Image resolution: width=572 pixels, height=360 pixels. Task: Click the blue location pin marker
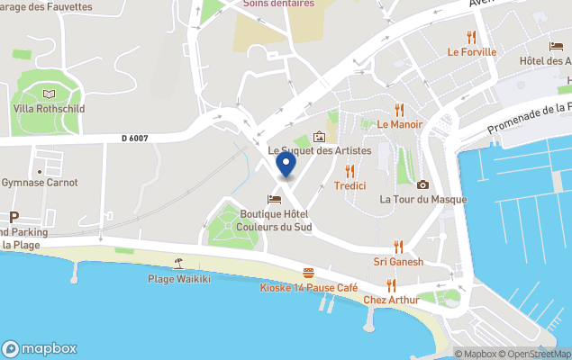tap(286, 164)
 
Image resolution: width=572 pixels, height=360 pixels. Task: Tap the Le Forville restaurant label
tap(471, 51)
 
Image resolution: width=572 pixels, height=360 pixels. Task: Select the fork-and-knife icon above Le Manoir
tap(400, 109)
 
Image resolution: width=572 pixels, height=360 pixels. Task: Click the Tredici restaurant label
tap(350, 185)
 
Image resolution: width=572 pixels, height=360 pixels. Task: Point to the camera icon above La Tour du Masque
tap(422, 184)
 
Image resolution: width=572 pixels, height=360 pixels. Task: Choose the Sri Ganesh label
tap(398, 262)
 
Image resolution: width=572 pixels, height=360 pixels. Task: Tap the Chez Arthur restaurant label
tap(391, 300)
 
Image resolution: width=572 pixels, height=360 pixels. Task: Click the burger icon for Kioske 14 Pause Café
tap(309, 273)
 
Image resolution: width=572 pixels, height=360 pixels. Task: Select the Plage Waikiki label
tap(178, 278)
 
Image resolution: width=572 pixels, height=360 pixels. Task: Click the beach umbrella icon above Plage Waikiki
tap(178, 264)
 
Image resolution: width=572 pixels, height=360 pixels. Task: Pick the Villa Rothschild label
tap(49, 108)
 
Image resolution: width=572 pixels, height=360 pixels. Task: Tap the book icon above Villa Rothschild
tap(49, 94)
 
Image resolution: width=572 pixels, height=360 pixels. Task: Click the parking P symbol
tap(14, 217)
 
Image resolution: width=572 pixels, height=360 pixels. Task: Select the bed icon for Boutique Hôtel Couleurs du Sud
tap(274, 199)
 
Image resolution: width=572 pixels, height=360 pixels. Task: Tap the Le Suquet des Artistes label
tap(320, 150)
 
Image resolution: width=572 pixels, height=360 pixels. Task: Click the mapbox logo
tap(40, 348)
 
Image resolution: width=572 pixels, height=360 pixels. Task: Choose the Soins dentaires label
tap(278, 4)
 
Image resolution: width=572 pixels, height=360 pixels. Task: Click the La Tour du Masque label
tap(422, 199)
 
